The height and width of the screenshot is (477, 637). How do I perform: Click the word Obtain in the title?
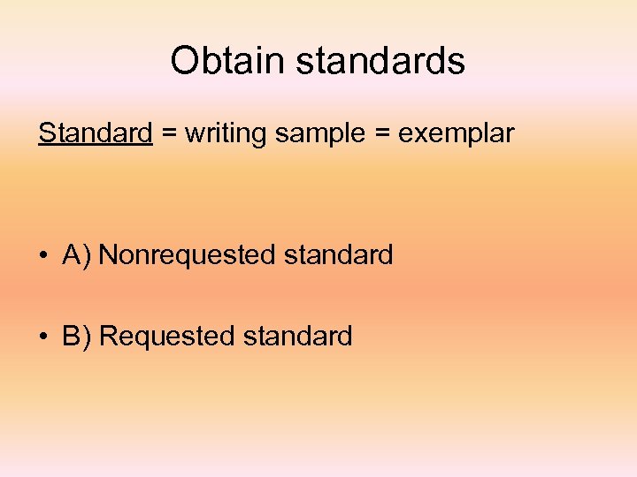(x=227, y=61)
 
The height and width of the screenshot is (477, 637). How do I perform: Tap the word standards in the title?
(x=380, y=61)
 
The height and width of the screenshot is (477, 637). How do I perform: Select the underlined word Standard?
(x=96, y=133)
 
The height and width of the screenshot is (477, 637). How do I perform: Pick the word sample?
(x=319, y=134)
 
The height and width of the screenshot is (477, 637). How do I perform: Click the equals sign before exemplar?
(x=381, y=134)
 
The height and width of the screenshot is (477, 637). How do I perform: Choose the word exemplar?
(x=456, y=134)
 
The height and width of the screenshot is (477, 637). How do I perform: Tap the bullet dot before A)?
(x=42, y=256)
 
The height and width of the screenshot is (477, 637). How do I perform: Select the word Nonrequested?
(x=188, y=255)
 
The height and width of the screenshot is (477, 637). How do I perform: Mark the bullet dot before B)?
(x=42, y=337)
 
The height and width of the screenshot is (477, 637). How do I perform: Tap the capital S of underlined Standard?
(x=45, y=133)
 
